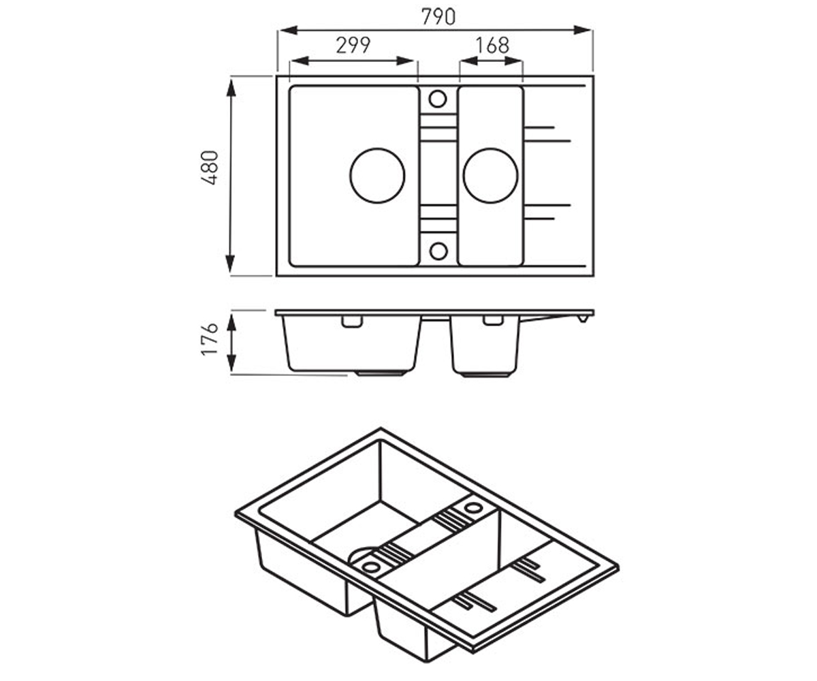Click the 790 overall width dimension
[438, 17]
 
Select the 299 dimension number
[353, 46]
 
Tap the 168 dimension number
[492, 46]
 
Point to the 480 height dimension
[210, 168]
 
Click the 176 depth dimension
[210, 339]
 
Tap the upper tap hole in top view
[438, 99]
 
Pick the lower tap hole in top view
[438, 251]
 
